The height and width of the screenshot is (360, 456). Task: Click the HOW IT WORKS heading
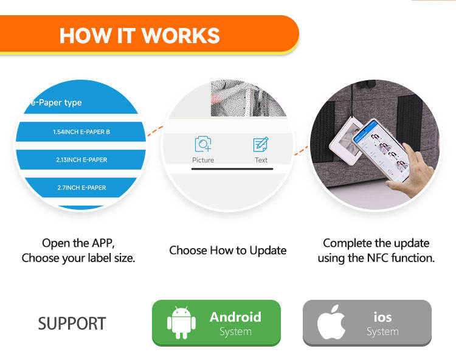(x=140, y=35)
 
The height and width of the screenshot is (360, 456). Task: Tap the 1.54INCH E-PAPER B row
(x=81, y=132)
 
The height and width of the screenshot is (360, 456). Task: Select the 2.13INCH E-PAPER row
(x=81, y=160)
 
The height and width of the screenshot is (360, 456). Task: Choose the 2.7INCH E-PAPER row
(x=81, y=187)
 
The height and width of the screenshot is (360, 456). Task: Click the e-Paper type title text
(x=53, y=103)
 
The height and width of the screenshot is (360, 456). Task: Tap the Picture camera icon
(x=202, y=144)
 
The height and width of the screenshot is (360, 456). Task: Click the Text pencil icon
(x=261, y=144)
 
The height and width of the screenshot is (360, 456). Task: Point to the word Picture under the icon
(x=203, y=160)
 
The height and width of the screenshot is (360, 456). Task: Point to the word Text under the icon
(x=261, y=160)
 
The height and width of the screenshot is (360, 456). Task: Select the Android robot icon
(x=180, y=322)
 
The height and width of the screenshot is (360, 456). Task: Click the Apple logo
(x=331, y=323)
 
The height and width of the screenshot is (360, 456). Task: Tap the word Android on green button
(x=235, y=317)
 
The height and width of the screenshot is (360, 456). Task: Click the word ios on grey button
(x=382, y=317)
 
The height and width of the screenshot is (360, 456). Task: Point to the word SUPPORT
(x=72, y=324)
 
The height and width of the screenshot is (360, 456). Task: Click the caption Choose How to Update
(x=227, y=251)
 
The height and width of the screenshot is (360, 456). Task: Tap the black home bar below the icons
(x=232, y=168)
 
